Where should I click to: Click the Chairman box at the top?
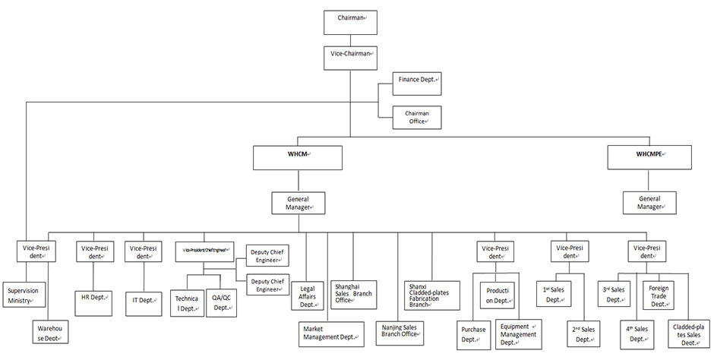(x=349, y=21)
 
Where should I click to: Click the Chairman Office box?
(x=416, y=117)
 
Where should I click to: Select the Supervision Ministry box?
(x=24, y=295)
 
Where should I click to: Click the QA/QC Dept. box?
(x=221, y=302)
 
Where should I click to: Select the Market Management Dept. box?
(x=331, y=332)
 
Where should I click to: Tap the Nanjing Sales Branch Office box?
(x=403, y=332)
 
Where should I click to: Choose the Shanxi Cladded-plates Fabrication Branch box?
(x=431, y=294)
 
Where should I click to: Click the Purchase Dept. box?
(x=474, y=334)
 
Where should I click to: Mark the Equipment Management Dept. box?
(x=519, y=334)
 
